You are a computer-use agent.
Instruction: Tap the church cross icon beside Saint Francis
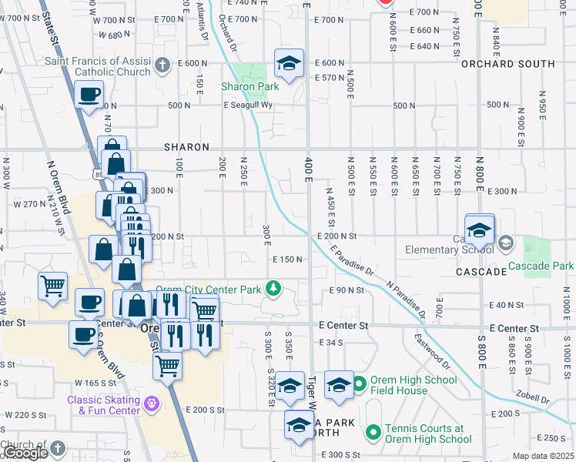pyautogui.click(x=162, y=65)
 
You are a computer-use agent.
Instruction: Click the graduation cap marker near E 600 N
pyautogui.click(x=289, y=63)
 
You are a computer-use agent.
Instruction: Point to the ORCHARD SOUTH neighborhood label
pyautogui.click(x=507, y=64)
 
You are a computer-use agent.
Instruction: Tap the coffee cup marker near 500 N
pyautogui.click(x=89, y=95)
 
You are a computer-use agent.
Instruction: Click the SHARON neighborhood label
pyautogui.click(x=186, y=147)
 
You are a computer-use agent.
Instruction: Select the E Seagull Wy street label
pyautogui.click(x=248, y=106)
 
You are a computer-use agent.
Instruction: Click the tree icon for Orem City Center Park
pyautogui.click(x=272, y=288)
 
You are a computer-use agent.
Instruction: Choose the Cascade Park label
pyautogui.click(x=541, y=266)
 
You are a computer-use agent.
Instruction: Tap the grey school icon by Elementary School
pyautogui.click(x=506, y=244)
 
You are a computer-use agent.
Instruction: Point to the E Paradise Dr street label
pyautogui.click(x=351, y=260)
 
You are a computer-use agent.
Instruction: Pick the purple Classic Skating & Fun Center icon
pyautogui.click(x=151, y=402)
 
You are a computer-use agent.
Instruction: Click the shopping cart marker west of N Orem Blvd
pyautogui.click(x=52, y=286)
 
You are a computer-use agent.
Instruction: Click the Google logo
pyautogui.click(x=25, y=453)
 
